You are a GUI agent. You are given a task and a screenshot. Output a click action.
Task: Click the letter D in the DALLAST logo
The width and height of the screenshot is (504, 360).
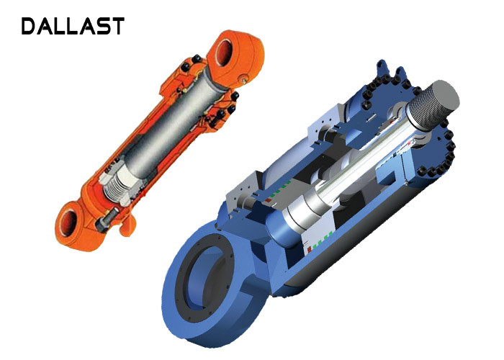point(29,27)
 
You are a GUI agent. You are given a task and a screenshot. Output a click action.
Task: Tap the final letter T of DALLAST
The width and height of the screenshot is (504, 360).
point(117,27)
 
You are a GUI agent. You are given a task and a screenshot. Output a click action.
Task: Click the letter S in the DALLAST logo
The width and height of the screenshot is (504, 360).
point(102,27)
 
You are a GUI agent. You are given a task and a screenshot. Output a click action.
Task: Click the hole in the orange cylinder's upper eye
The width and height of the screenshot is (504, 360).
point(224,51)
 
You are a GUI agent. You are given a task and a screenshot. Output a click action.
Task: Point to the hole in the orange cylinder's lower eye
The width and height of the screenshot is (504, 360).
point(68,223)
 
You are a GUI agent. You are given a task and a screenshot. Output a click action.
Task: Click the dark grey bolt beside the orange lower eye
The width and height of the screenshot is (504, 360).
point(105,220)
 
